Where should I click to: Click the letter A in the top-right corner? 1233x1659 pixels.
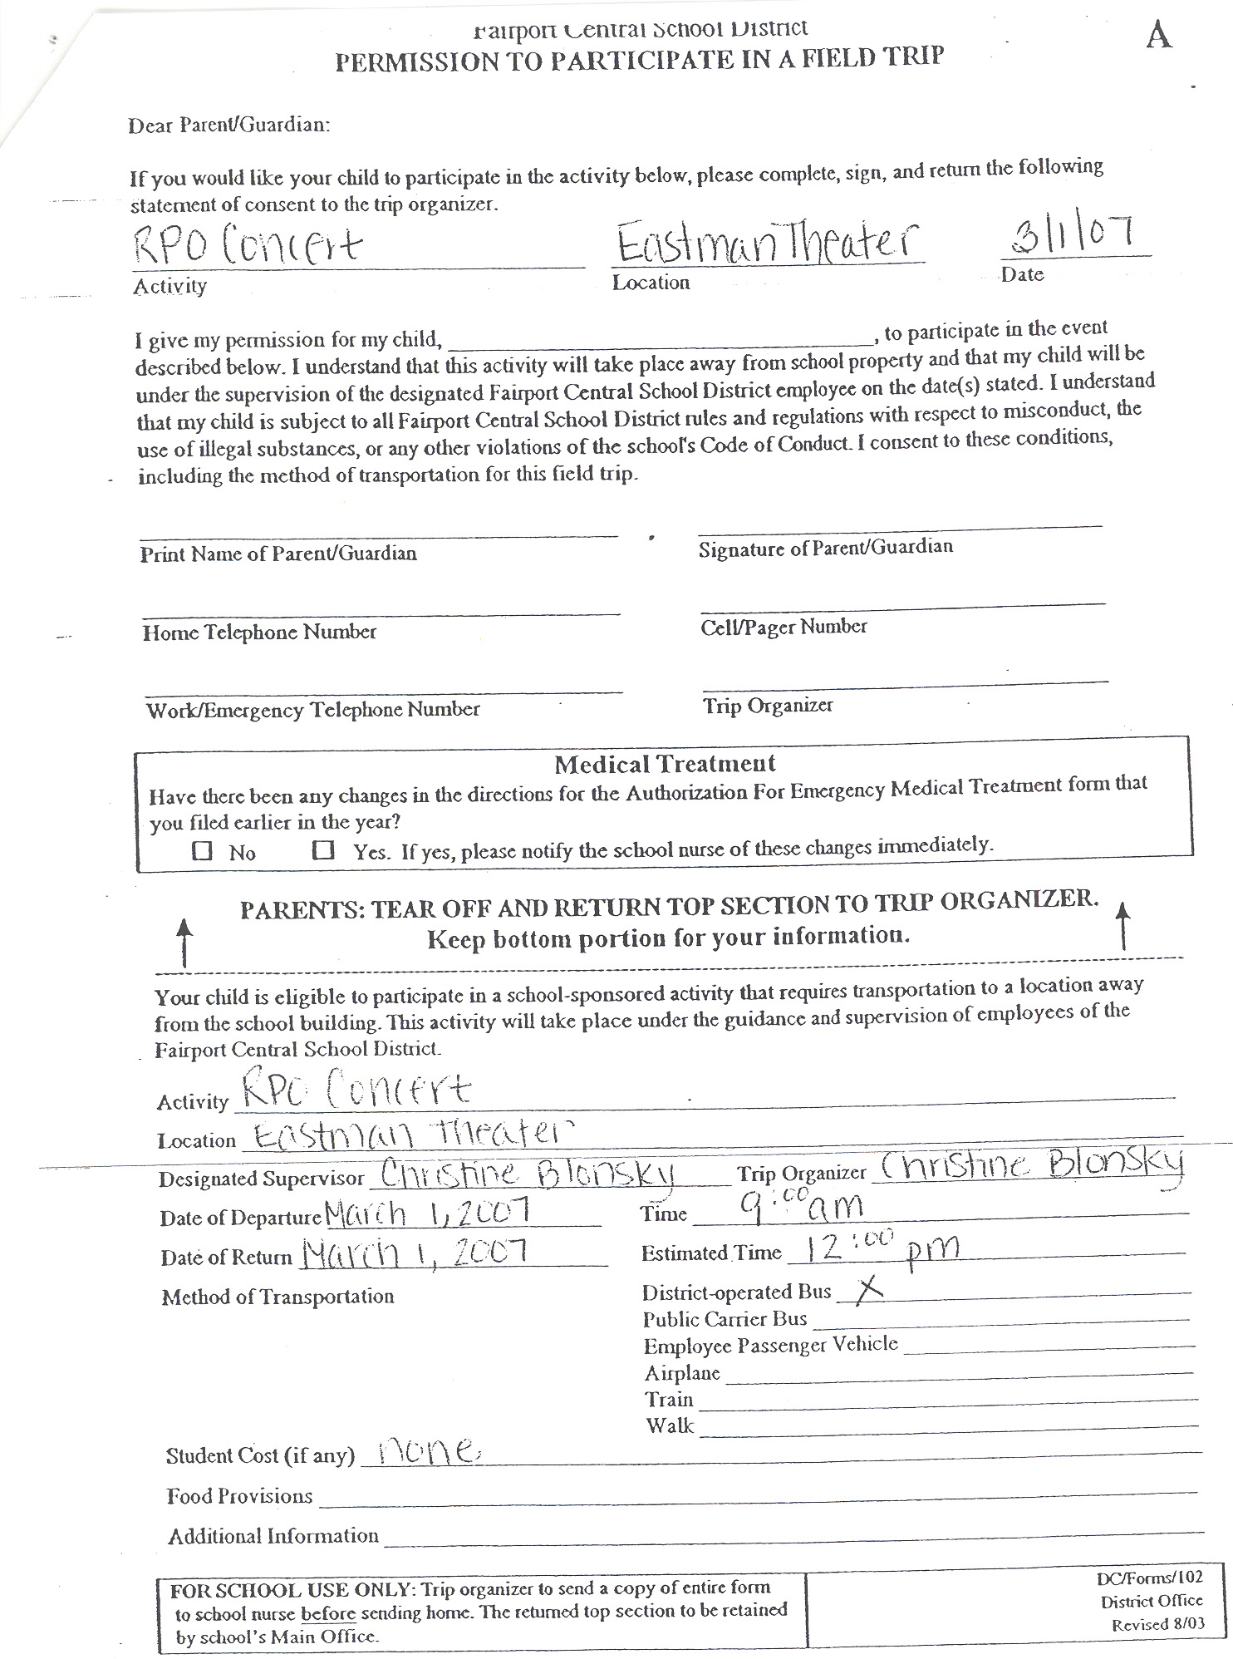(1159, 35)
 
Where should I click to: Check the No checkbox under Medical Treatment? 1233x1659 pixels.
(202, 850)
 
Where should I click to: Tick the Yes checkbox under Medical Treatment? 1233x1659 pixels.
(322, 849)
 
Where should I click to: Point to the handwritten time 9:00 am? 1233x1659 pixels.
(802, 1204)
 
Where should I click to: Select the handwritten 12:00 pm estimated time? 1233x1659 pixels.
(872, 1248)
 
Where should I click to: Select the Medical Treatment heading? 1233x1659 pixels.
(665, 764)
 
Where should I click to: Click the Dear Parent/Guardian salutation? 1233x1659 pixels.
(229, 126)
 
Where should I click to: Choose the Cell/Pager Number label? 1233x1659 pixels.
(784, 627)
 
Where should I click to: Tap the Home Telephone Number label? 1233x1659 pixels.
(259, 633)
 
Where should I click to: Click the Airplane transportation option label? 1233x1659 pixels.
(682, 1372)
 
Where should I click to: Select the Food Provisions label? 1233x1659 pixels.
(239, 1496)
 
